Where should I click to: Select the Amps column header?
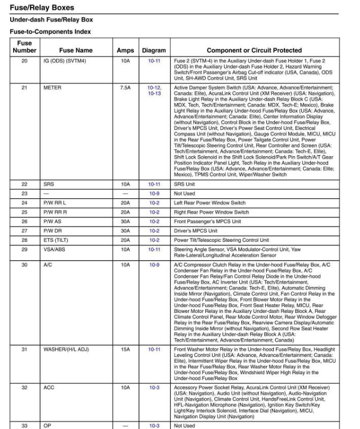pyautogui.click(x=125, y=51)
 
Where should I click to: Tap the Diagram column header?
pyautogui.click(x=154, y=51)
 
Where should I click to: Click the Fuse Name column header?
pyautogui.click(x=76, y=51)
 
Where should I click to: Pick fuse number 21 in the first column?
pyautogui.click(x=24, y=88)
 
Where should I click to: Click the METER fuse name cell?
pyautogui.click(x=53, y=88)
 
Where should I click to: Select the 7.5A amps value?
pyautogui.click(x=125, y=88)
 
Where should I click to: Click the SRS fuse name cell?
pyautogui.click(x=49, y=185)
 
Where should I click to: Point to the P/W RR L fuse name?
pyautogui.click(x=55, y=203)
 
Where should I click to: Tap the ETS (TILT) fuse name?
pyautogui.click(x=56, y=240)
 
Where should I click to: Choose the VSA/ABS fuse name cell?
pyautogui.click(x=54, y=249)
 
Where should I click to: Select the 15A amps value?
pyautogui.click(x=125, y=349)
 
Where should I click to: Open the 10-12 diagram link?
pyautogui.click(x=154, y=88)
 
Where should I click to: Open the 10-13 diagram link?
pyautogui.click(x=154, y=94)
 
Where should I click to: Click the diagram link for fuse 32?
pyautogui.click(x=154, y=387)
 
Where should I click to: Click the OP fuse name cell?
pyautogui.click(x=47, y=426)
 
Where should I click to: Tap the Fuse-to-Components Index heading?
pyautogui.click(x=50, y=31)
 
